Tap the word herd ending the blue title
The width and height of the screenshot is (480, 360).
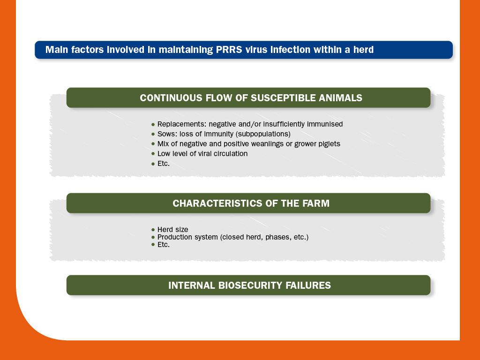tap(363, 50)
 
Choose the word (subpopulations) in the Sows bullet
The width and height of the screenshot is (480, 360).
tap(263, 134)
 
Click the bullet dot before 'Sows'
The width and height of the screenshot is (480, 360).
tap(153, 135)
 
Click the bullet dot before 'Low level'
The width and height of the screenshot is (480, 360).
tap(153, 154)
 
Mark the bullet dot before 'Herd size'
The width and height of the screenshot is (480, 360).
tap(153, 230)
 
